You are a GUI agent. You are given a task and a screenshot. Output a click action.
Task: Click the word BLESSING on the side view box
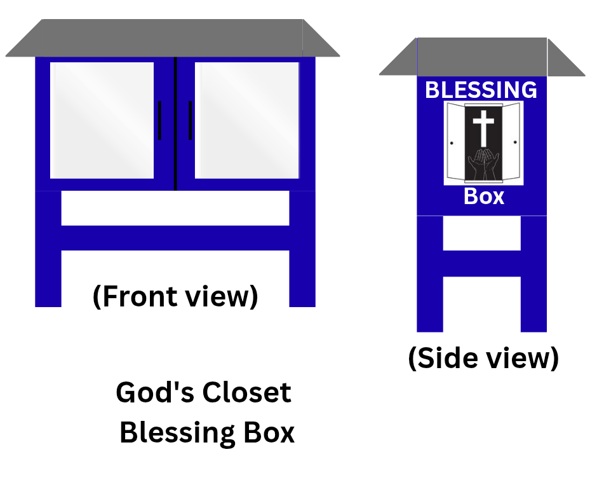tap(481, 90)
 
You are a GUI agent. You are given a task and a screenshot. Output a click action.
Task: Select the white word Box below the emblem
tap(484, 196)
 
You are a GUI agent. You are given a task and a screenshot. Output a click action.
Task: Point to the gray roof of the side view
tap(481, 57)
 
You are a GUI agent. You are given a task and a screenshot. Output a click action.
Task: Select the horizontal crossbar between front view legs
tap(175, 238)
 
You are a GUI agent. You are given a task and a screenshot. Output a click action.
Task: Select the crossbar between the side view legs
tap(481, 263)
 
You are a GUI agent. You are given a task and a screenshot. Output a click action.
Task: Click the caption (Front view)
tap(175, 296)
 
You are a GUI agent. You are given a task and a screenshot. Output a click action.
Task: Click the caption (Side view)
tap(483, 358)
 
